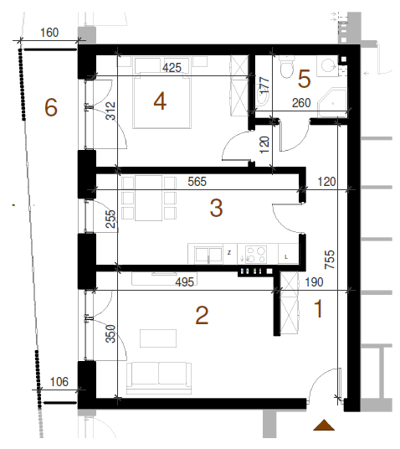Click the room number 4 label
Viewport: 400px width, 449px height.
point(160,101)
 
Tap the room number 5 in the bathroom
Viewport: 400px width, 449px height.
point(304,79)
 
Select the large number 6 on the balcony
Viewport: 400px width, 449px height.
point(51,107)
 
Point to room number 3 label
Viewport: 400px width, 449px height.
point(216,208)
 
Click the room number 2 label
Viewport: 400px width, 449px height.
point(202,315)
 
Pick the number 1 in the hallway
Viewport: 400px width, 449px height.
point(318,308)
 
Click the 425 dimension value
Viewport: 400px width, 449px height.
point(172,68)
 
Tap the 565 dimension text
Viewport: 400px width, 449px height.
point(197,182)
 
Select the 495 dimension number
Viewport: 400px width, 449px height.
point(185,282)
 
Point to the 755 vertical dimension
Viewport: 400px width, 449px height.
point(330,260)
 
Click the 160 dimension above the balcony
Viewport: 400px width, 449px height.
point(49,33)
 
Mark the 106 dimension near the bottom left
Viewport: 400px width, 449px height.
point(59,382)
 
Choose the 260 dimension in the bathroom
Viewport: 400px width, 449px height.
point(301,103)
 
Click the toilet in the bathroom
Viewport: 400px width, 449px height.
point(287,67)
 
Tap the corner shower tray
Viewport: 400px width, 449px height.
point(333,102)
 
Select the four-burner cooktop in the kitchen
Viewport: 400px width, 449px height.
point(255,255)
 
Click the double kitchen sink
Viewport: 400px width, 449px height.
point(208,255)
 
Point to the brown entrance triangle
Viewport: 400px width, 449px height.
point(324,425)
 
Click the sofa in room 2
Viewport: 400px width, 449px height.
point(159,378)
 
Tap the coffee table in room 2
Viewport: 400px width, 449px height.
point(158,338)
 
